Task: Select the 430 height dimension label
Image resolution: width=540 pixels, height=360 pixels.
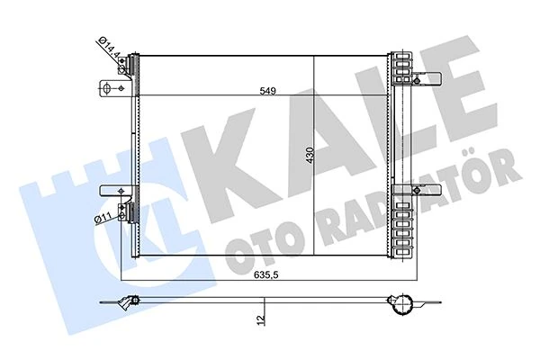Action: coord(310,156)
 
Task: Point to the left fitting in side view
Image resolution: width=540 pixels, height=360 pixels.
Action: coord(132,301)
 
